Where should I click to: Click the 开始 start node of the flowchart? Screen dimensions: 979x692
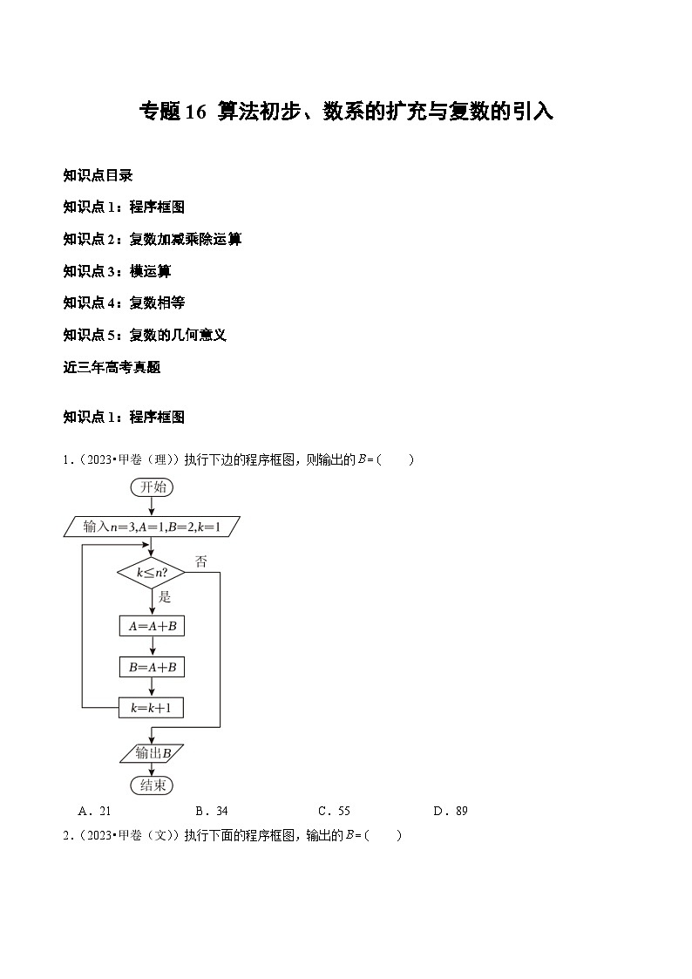(x=152, y=487)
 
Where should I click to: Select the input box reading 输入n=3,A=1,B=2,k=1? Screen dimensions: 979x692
(x=152, y=527)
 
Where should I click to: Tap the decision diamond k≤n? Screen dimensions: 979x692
(x=152, y=573)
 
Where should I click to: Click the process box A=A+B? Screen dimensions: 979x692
(x=152, y=626)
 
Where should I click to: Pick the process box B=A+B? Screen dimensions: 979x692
(x=152, y=667)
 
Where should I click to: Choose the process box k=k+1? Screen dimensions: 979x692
(x=152, y=707)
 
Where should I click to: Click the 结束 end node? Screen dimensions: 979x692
(x=152, y=785)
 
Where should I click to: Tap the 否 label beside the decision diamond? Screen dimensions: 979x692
(x=200, y=562)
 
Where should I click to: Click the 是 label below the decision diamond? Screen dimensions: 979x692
(x=165, y=597)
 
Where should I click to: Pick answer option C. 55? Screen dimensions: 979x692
(x=334, y=811)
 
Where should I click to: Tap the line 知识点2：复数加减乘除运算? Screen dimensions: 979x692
(x=152, y=239)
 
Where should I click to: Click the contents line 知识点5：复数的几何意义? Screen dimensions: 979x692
(x=145, y=335)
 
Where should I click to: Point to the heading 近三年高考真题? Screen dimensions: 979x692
(x=112, y=367)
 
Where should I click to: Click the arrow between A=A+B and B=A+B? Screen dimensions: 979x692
(x=152, y=646)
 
